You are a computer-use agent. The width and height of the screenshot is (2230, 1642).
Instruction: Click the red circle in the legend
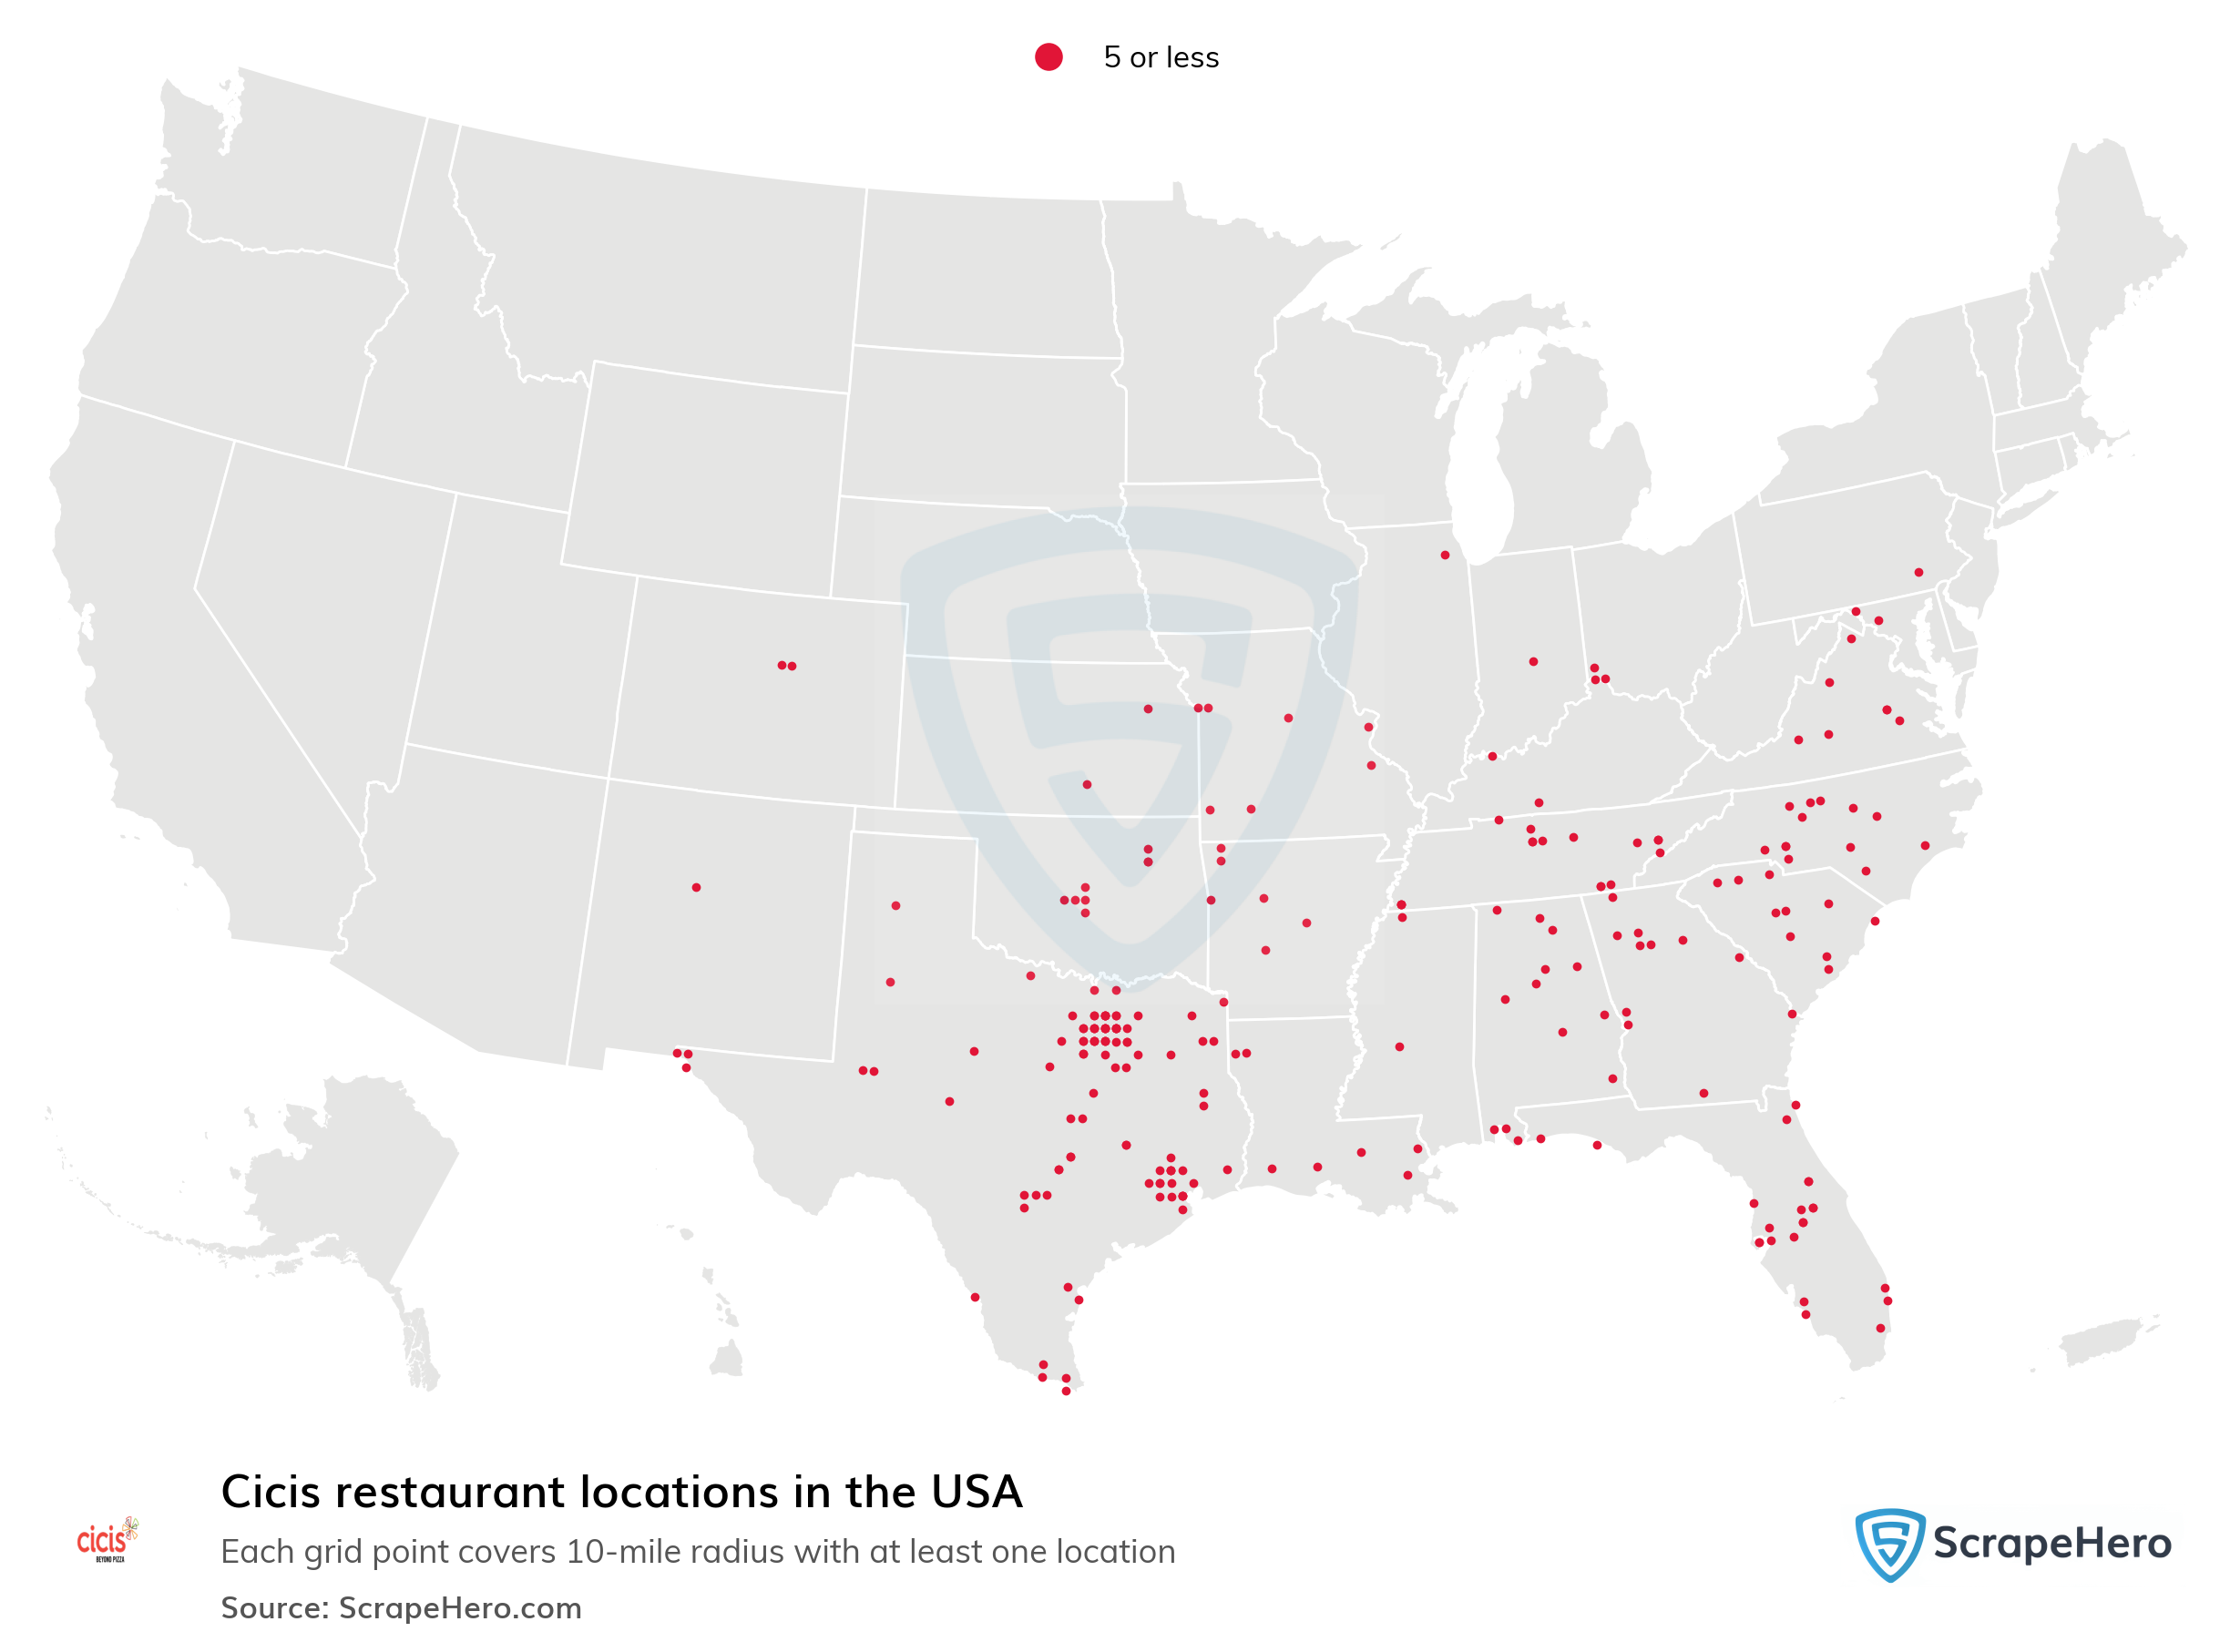click(1048, 57)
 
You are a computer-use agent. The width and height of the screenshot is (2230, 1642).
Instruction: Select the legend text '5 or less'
click(1161, 57)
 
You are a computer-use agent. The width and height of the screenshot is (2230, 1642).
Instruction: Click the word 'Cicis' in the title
click(271, 1493)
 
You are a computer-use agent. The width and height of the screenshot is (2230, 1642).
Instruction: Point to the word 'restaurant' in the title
click(449, 1493)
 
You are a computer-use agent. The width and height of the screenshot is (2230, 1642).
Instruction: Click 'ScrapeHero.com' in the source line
click(459, 1608)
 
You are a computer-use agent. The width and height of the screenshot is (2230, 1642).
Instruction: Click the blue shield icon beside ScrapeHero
click(1888, 1544)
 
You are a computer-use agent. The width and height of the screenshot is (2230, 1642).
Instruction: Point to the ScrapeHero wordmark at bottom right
click(2051, 1544)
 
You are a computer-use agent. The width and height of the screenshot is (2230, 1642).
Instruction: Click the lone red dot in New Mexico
click(696, 888)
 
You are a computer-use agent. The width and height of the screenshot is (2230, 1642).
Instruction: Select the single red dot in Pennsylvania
click(1918, 573)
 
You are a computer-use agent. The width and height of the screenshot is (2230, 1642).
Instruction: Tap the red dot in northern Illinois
click(1445, 555)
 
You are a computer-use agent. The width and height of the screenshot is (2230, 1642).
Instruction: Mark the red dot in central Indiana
click(1533, 661)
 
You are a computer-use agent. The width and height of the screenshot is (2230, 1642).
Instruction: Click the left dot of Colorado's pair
click(782, 665)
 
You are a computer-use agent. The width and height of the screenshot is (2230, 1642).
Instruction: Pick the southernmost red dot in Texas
click(1066, 1391)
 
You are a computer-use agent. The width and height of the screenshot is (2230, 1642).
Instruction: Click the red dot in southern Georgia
click(1703, 1094)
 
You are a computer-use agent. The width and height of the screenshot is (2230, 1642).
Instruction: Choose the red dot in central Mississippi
click(1399, 1046)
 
